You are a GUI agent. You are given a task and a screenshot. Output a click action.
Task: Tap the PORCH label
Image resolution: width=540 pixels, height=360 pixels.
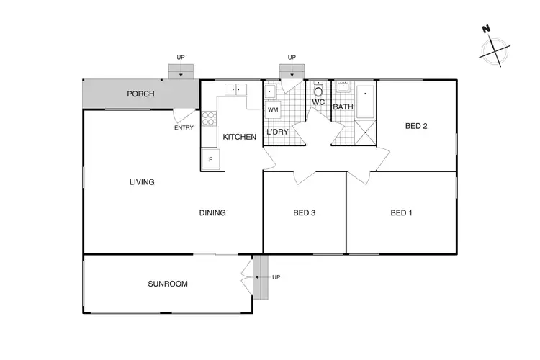[x=141, y=94]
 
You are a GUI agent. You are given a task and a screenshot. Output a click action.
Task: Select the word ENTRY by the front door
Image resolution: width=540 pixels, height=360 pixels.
[x=184, y=128]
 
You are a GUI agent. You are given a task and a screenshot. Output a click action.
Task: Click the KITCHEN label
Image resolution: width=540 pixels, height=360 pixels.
[x=239, y=137]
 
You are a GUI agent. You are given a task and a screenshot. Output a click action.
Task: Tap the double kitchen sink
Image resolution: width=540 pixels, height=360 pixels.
[x=235, y=90]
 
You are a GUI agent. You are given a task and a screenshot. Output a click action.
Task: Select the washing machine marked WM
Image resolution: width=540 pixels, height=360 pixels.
[x=273, y=109]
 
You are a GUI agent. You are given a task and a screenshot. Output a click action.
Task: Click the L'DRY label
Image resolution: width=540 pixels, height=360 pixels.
[x=277, y=132]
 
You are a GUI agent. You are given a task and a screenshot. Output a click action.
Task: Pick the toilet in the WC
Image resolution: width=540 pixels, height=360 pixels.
[x=318, y=91]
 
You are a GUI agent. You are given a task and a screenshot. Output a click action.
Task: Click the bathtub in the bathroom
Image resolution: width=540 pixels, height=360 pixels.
[x=366, y=102]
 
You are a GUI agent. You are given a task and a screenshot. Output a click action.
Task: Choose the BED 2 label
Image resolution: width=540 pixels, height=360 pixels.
[x=416, y=127]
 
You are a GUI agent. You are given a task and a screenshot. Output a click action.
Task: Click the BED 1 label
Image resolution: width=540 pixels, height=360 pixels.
[x=402, y=213]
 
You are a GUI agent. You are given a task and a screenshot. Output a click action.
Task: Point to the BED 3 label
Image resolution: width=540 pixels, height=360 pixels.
[x=305, y=213]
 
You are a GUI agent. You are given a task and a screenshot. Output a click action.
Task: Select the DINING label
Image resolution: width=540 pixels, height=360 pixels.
[x=212, y=213]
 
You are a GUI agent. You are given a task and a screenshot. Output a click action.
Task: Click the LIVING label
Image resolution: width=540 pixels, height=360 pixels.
[x=142, y=182]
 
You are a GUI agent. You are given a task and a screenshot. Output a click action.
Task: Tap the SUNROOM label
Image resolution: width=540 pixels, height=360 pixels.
[x=168, y=284]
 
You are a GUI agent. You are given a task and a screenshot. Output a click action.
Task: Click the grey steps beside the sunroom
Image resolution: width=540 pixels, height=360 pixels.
[x=259, y=276]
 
